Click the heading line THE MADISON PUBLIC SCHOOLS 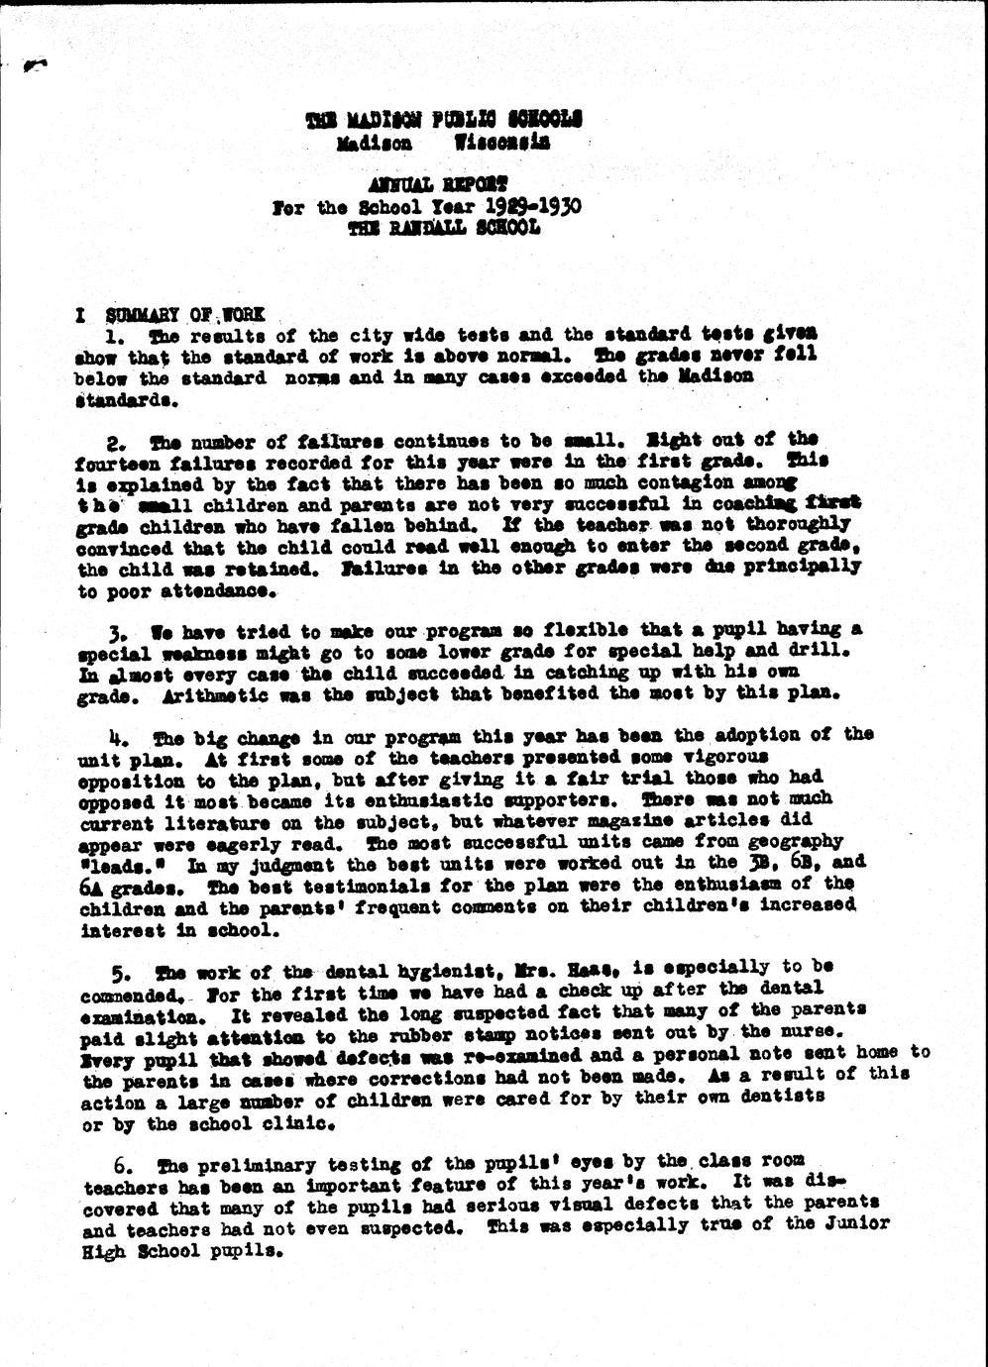point(444,120)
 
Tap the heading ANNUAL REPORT point(437,184)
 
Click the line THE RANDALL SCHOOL point(444,228)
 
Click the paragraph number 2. point(114,441)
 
